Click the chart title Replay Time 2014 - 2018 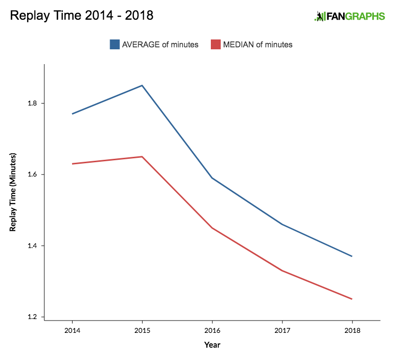[x=81, y=15]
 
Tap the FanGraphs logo [x=349, y=16]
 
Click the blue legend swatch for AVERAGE [x=115, y=44]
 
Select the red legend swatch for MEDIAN [x=215, y=44]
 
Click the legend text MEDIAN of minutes [x=258, y=44]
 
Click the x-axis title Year [x=212, y=345]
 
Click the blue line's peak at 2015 [x=142, y=85]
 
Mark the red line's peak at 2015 [x=142, y=157]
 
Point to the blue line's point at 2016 [x=212, y=178]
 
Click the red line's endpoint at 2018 [x=352, y=299]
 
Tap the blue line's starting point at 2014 [x=72, y=114]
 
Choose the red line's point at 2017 [x=282, y=270]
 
